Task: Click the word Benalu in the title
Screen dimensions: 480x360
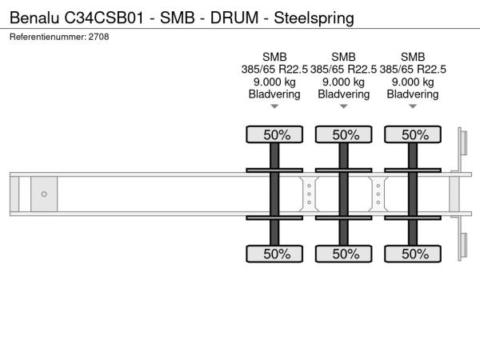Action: point(34,18)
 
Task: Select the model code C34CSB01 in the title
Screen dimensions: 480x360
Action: point(104,18)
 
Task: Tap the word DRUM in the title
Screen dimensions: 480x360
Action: point(234,18)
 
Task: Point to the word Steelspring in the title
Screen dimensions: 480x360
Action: point(314,18)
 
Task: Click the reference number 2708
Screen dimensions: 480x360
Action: point(98,37)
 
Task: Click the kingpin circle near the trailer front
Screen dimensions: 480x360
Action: point(44,194)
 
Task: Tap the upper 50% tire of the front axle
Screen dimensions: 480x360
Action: point(274,134)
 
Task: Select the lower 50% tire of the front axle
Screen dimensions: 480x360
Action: point(274,254)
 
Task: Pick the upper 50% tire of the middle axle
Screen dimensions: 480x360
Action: point(344,134)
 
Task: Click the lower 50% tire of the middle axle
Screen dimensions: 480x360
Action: point(344,254)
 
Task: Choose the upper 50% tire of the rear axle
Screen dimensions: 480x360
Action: point(413,134)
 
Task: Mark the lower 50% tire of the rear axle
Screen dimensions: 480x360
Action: point(413,254)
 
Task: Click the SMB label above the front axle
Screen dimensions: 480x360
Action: point(274,57)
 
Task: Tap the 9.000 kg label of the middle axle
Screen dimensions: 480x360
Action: point(344,82)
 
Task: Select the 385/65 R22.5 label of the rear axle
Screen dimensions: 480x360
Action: point(413,70)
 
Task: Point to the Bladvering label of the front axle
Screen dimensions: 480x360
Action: point(274,94)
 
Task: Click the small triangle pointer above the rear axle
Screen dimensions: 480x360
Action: point(413,106)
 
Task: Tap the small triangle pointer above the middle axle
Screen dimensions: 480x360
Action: point(344,106)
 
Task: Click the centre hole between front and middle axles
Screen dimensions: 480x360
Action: point(309,194)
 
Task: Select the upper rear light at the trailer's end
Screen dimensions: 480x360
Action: point(464,143)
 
